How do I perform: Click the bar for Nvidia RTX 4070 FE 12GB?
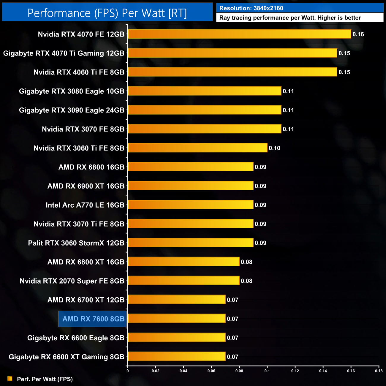point(239,34)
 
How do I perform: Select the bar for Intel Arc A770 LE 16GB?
point(191,205)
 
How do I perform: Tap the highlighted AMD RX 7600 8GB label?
point(93,319)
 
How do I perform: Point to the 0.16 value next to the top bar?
point(358,34)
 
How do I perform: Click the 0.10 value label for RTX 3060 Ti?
point(274,148)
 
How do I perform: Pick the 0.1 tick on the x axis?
point(267,371)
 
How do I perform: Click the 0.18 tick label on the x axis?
point(379,371)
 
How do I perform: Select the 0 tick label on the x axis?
point(128,371)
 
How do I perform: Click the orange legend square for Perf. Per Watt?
point(10,379)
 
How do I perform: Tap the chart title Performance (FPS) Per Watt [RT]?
point(107,13)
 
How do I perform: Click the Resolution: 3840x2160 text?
point(251,8)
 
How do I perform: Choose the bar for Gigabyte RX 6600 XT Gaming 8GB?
point(177,356)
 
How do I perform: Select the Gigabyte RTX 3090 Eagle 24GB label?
point(72,110)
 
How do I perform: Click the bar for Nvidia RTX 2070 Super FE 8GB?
point(183,281)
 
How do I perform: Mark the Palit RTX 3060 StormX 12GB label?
point(76,243)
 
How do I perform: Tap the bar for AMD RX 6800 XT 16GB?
point(183,262)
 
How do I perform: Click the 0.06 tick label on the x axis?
point(211,371)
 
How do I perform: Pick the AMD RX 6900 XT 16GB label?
point(86,186)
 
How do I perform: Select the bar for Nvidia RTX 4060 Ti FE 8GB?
point(232,72)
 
